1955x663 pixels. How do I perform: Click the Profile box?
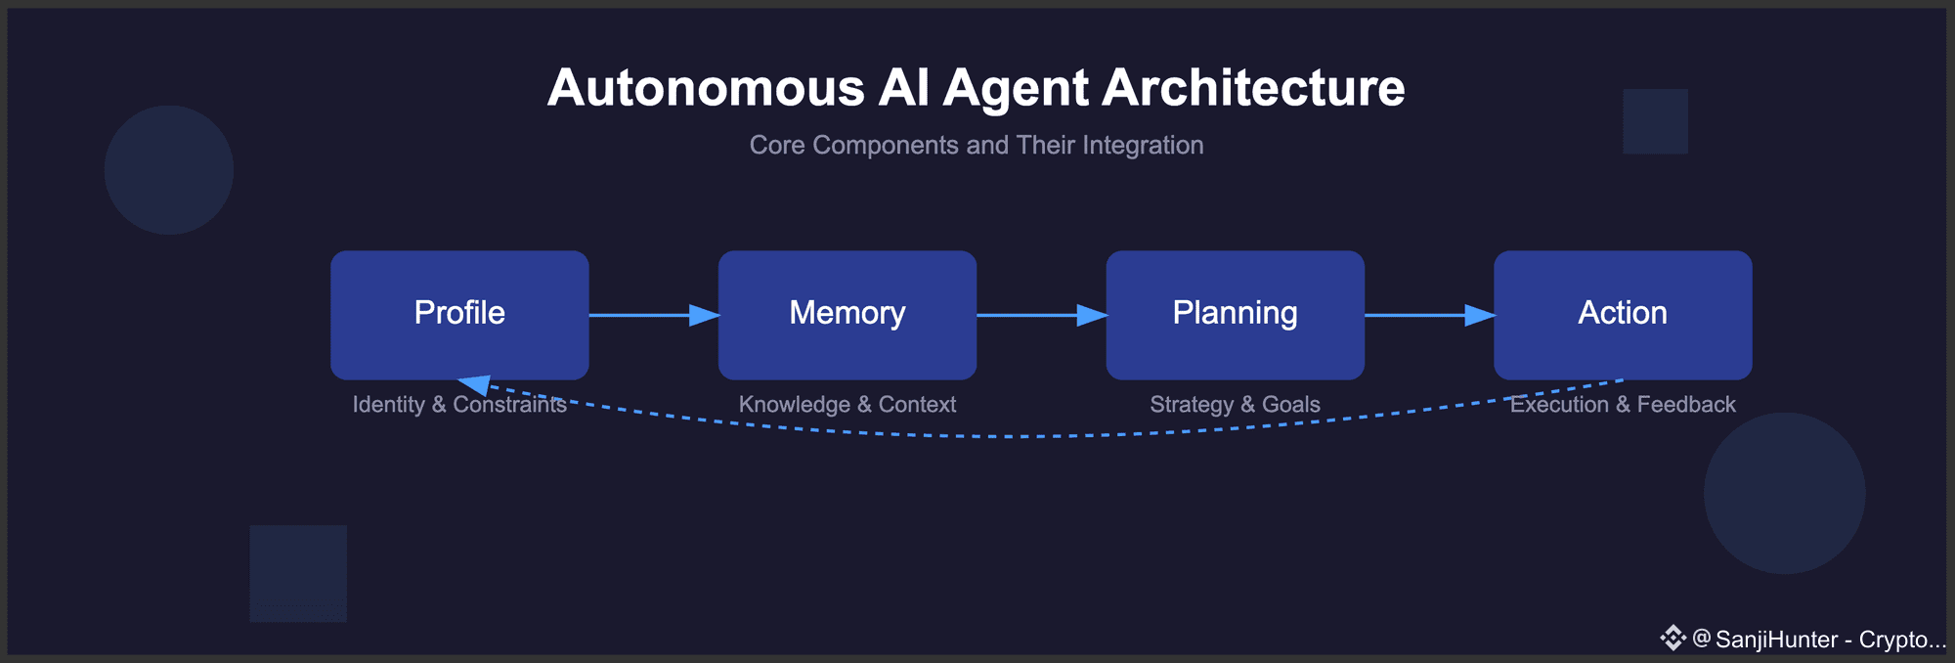pyautogui.click(x=459, y=314)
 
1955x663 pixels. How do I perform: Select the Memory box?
pyautogui.click(x=847, y=314)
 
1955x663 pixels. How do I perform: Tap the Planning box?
pyautogui.click(x=1235, y=314)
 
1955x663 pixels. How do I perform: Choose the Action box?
pyautogui.click(x=1623, y=314)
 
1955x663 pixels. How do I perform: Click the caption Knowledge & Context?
pyautogui.click(x=847, y=404)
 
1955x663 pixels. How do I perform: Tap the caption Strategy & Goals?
pyautogui.click(x=1235, y=404)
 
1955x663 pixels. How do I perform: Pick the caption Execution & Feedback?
pyautogui.click(x=1623, y=404)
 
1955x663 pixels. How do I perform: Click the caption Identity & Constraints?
pyautogui.click(x=459, y=404)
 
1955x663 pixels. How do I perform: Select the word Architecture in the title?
pyautogui.click(x=1254, y=88)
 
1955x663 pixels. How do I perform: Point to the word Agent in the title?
pyautogui.click(x=1016, y=88)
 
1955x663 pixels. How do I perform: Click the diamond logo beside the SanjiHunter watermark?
pyautogui.click(x=1673, y=639)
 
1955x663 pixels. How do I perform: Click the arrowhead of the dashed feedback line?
pyautogui.click(x=474, y=384)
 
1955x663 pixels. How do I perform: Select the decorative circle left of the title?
pyautogui.click(x=169, y=170)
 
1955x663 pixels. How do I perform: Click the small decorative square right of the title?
pyautogui.click(x=1655, y=121)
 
